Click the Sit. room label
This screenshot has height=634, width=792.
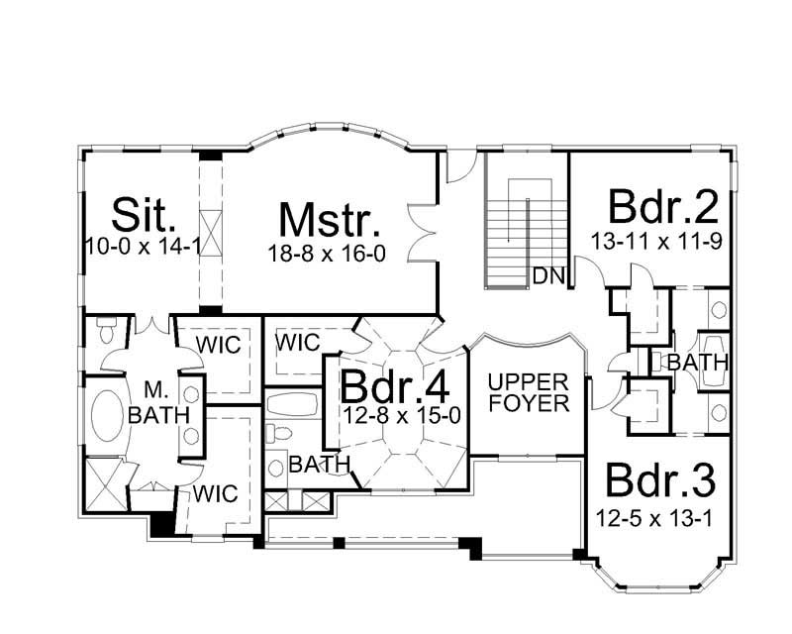point(145,214)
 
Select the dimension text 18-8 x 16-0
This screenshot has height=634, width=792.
point(326,255)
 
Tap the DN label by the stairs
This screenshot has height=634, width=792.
point(547,274)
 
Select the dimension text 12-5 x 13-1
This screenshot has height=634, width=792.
point(654,516)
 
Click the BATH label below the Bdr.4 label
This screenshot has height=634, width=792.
point(320,464)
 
